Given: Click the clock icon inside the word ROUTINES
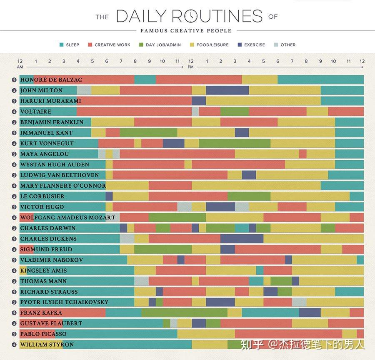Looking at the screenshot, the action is (191, 16).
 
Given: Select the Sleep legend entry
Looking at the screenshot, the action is (69, 45).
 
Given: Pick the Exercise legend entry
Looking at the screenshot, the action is (251, 45).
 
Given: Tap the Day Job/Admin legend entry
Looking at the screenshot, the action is (160, 45).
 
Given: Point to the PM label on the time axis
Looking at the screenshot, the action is (190, 67).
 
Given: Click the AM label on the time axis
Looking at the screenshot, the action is (20, 67).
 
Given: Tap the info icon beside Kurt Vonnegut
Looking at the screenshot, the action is (14, 143).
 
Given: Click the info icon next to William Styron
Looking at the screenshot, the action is (14, 345).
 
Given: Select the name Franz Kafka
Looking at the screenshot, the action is (41, 313).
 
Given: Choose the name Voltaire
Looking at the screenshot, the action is (36, 112).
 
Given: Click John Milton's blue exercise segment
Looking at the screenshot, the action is (227, 90).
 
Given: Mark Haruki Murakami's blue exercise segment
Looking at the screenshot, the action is (199, 101).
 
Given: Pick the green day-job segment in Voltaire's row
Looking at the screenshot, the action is (235, 112).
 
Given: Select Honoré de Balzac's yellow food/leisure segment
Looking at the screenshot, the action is (260, 79).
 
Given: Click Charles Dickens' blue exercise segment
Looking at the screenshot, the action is (242, 238).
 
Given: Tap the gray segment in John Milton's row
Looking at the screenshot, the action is (84, 90).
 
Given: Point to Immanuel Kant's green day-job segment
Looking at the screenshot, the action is (148, 133).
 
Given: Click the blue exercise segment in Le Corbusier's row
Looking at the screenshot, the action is (109, 196).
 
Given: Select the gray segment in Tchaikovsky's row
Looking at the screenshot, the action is (299, 302).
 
